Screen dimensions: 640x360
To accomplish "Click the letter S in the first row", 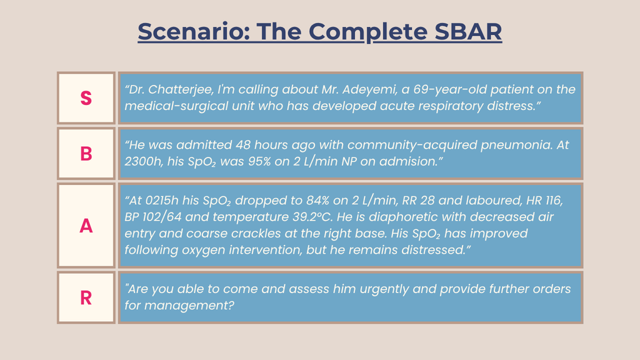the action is (86, 98).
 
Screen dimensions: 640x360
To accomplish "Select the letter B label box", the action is (86, 154).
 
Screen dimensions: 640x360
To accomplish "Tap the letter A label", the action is (86, 226).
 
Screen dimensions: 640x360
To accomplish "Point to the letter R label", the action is (86, 298).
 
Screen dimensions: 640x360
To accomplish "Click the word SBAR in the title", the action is (468, 31).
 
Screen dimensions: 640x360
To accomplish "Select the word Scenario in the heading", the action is (194, 31).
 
